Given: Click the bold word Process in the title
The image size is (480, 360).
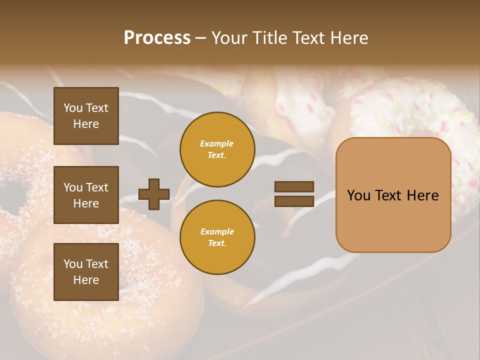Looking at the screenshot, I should [157, 38].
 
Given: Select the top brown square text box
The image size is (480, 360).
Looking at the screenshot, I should [86, 116].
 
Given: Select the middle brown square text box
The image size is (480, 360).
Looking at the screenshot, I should [86, 195].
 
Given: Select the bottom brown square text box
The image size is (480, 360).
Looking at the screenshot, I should [86, 272].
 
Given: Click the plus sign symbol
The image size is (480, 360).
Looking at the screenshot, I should [154, 194].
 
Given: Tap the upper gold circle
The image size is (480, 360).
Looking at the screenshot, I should [217, 149].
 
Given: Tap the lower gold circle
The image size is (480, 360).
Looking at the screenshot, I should [217, 237].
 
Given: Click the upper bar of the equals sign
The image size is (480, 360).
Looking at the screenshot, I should [294, 186].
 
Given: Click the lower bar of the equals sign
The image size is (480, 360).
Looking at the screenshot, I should [294, 201].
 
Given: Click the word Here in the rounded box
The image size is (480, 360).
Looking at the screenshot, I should [422, 195].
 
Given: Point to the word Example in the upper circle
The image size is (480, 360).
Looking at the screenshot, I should [217, 143].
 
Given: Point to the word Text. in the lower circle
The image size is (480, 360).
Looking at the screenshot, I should [217, 243].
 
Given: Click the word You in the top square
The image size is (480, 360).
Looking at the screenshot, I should [73, 108].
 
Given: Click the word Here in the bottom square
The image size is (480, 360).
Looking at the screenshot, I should [86, 280].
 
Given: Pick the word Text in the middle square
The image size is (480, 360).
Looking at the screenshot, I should [97, 187].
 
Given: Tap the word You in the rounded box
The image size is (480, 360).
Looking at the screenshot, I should [358, 195].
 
